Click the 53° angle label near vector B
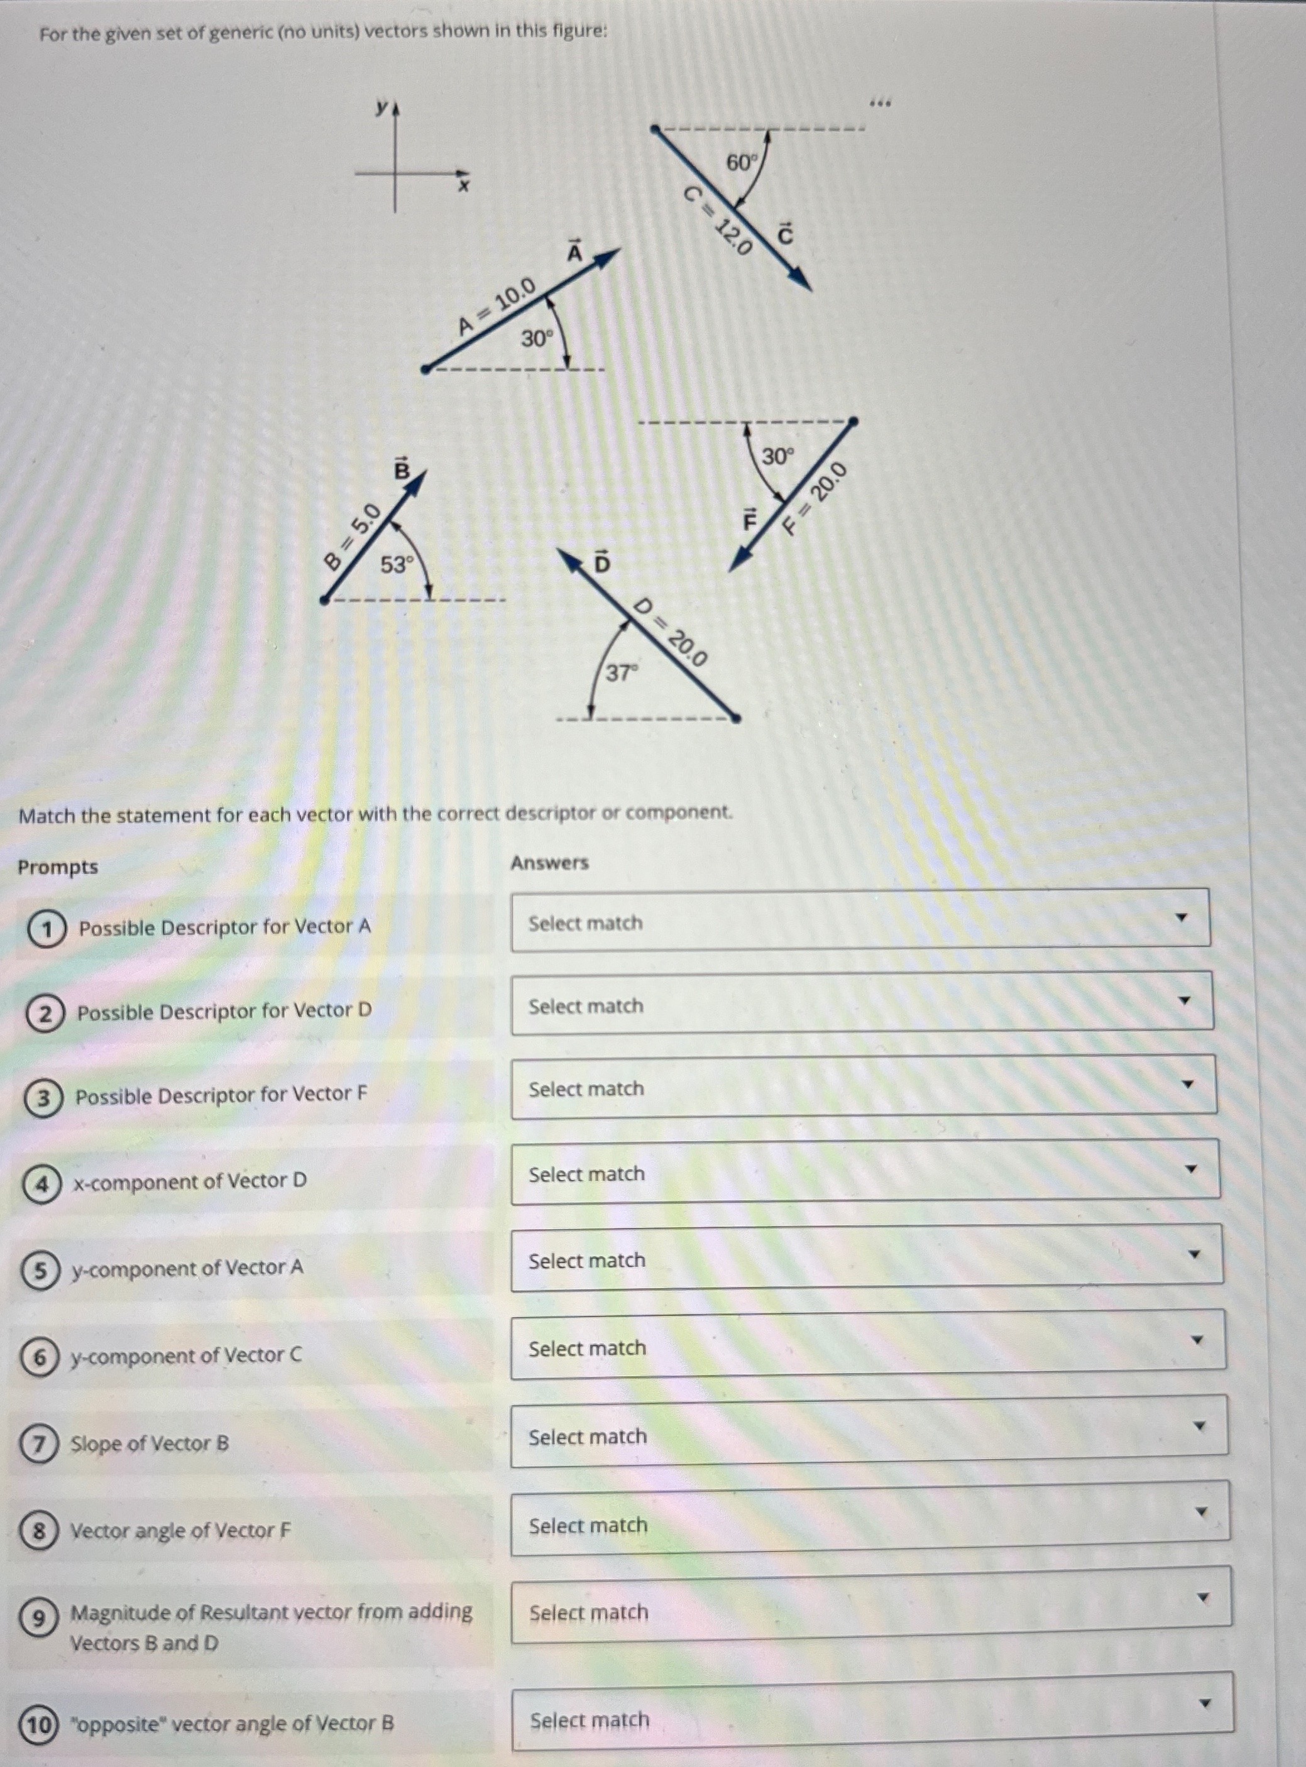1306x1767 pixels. point(396,565)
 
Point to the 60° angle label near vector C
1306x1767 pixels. point(742,163)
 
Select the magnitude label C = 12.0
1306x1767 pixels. point(718,221)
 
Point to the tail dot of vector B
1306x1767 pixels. point(324,600)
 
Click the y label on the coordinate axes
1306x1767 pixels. point(382,107)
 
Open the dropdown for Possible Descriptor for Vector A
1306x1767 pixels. point(860,920)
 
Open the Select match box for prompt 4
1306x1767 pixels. point(865,1173)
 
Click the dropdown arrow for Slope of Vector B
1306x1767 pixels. point(1199,1426)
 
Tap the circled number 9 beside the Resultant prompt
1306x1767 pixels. point(37,1619)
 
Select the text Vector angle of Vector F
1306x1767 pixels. point(180,1531)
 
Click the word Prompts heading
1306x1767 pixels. point(58,867)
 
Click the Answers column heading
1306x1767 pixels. point(549,862)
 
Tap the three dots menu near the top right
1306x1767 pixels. point(880,102)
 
